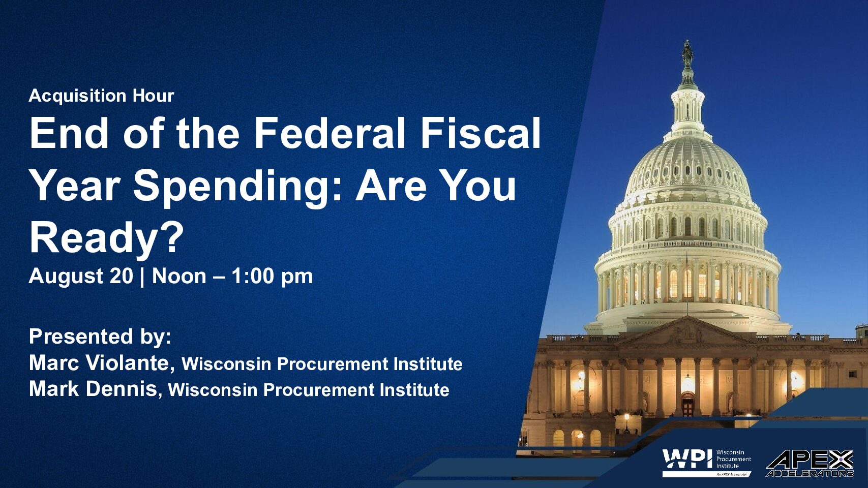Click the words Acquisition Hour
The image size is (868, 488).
click(x=102, y=96)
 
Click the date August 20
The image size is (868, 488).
click(x=81, y=276)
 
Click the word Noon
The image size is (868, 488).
click(x=179, y=276)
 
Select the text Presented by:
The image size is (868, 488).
click(x=100, y=337)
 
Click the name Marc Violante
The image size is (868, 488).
click(x=102, y=363)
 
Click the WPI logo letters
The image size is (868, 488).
click(x=687, y=459)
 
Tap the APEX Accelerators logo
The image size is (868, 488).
click(x=810, y=463)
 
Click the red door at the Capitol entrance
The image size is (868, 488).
click(x=688, y=405)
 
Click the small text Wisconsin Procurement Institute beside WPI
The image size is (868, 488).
click(x=734, y=459)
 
